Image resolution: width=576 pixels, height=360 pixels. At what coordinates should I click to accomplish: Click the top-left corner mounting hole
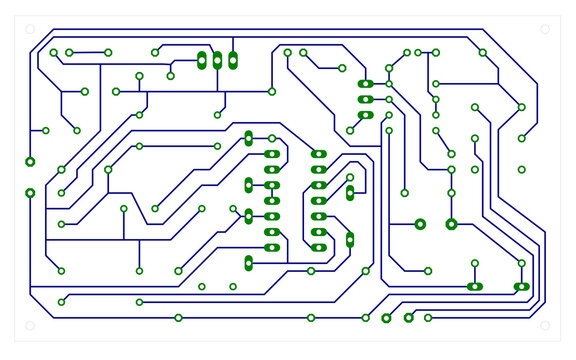(x=30, y=30)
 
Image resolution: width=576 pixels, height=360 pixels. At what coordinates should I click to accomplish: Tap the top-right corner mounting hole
(x=545, y=30)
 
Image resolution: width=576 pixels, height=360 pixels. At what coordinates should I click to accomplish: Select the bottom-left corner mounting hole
(x=30, y=326)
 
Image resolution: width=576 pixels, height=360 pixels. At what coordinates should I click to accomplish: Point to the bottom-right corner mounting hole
(x=545, y=326)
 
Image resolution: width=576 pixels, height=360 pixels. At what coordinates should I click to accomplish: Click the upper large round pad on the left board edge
(x=30, y=161)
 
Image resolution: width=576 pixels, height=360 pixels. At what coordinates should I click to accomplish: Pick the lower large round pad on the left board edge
(x=30, y=192)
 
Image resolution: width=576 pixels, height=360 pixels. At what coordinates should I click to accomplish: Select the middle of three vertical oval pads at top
(x=217, y=60)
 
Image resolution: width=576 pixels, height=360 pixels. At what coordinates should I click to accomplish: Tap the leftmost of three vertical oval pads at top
(x=202, y=60)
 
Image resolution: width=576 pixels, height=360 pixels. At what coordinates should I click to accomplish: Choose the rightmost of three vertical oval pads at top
(x=233, y=60)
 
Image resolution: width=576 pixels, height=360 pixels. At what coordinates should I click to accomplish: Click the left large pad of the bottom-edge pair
(x=386, y=318)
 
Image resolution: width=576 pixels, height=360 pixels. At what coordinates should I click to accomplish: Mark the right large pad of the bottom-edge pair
(x=408, y=318)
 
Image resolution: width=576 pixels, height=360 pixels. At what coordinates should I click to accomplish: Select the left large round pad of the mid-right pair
(x=420, y=224)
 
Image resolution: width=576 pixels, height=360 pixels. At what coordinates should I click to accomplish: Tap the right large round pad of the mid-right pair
(x=451, y=224)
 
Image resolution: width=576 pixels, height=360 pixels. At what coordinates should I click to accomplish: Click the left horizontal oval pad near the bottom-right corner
(x=474, y=287)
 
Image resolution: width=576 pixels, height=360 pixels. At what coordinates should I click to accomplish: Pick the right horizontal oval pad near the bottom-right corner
(x=521, y=287)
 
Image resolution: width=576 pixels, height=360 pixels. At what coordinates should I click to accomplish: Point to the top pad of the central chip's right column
(x=318, y=154)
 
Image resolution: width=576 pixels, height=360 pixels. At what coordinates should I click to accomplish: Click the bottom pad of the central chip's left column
(x=271, y=247)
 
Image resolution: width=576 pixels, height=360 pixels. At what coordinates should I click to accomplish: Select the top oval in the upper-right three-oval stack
(x=365, y=84)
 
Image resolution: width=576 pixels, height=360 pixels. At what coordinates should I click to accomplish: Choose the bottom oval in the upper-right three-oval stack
(x=365, y=115)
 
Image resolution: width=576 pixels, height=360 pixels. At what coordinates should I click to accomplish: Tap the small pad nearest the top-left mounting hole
(x=54, y=52)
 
